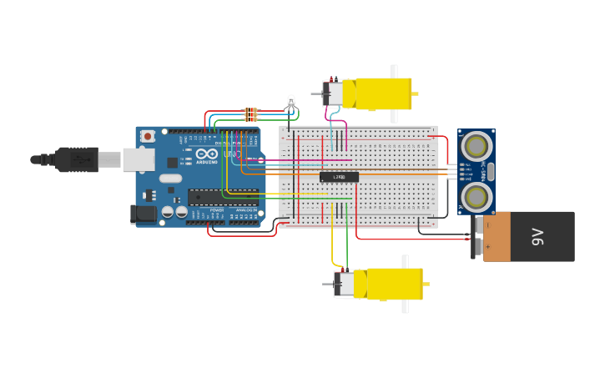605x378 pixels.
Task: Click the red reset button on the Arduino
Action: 148,136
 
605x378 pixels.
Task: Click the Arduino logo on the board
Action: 206,154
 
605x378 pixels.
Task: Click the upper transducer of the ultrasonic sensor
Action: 476,147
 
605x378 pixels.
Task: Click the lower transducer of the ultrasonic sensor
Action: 476,197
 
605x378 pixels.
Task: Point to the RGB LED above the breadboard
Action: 290,102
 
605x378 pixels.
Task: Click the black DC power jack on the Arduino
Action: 144,214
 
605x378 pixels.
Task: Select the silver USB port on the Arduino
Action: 139,159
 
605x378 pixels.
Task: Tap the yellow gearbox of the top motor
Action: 380,93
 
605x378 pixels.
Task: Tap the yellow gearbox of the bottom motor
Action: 391,284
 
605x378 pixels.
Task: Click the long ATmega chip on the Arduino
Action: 222,197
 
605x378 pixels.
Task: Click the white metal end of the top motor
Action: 334,93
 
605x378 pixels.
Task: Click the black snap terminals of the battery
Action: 478,236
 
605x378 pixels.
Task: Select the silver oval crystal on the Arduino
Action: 170,178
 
